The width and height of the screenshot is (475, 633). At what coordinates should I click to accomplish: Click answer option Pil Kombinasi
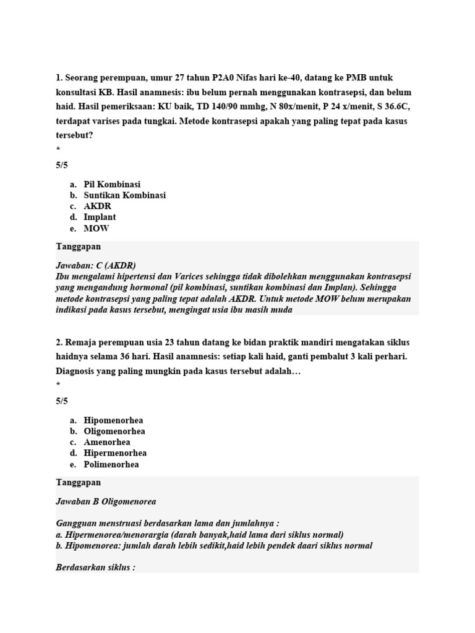(112, 184)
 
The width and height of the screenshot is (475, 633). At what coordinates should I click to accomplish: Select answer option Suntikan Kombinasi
(124, 195)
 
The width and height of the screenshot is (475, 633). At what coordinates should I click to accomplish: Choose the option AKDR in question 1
(97, 206)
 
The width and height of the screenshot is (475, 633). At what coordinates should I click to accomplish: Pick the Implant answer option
(100, 218)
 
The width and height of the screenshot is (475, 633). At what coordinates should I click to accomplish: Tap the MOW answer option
(96, 229)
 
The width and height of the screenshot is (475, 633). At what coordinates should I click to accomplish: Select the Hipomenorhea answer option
(113, 420)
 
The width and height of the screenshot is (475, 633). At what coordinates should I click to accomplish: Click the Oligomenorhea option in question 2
(114, 431)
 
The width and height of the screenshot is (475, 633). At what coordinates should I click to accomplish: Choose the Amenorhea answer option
(109, 443)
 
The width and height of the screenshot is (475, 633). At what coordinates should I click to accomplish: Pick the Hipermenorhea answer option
(115, 454)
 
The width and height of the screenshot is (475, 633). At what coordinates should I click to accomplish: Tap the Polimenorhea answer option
(111, 465)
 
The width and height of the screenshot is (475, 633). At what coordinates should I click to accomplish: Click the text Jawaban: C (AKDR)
(96, 265)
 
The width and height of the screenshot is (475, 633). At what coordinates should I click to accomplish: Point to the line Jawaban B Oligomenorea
(106, 501)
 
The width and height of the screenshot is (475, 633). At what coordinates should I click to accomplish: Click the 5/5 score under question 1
(62, 165)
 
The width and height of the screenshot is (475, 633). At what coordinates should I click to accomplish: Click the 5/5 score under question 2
(62, 401)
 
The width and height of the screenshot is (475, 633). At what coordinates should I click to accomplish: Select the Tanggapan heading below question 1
(79, 246)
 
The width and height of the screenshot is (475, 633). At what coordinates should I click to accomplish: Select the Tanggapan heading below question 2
(79, 482)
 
